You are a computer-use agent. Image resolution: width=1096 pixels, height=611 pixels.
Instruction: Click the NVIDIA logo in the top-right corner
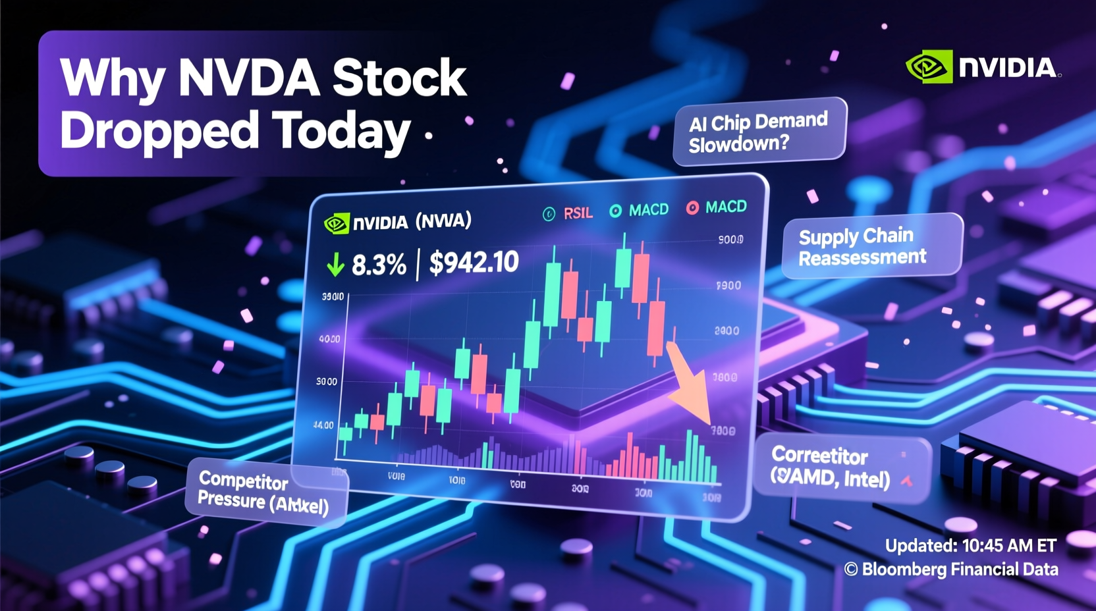(x=982, y=67)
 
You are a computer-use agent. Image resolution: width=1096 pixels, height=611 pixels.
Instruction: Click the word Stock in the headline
(x=399, y=78)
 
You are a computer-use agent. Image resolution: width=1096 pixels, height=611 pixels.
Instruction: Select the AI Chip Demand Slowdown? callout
(x=759, y=132)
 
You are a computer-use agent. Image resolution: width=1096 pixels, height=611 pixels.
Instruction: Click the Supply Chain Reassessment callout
(x=871, y=246)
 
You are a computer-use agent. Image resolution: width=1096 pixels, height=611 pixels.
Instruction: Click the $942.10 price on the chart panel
(x=474, y=263)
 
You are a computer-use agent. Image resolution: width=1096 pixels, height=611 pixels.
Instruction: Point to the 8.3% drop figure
(x=379, y=265)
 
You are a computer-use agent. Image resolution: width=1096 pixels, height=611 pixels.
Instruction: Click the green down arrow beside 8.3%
(x=335, y=265)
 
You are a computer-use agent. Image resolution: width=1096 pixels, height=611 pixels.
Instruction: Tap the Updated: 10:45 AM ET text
(x=970, y=546)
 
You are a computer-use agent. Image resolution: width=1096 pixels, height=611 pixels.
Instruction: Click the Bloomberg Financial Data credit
(x=952, y=570)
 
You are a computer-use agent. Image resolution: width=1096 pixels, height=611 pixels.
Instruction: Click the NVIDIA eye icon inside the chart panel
(x=337, y=223)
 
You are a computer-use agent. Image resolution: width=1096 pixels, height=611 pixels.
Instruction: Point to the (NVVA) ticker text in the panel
(x=443, y=221)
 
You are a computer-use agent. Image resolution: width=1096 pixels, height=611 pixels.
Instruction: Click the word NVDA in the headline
(x=248, y=78)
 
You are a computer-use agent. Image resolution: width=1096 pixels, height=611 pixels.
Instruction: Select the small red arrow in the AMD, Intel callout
(x=907, y=481)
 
